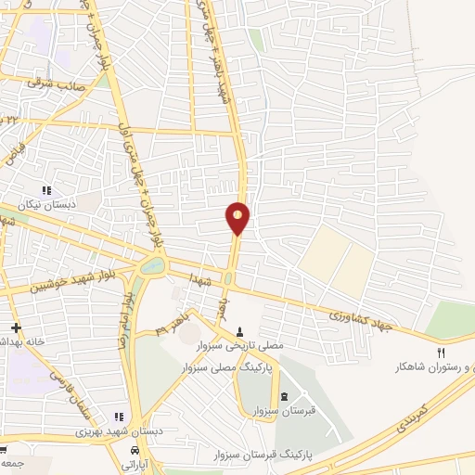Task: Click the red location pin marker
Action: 238,217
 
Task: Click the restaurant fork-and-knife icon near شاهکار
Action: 442,353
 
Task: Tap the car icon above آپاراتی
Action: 135,450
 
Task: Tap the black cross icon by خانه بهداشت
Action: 16,327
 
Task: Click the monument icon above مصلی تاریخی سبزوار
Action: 240,331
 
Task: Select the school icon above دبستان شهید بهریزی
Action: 117,417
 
